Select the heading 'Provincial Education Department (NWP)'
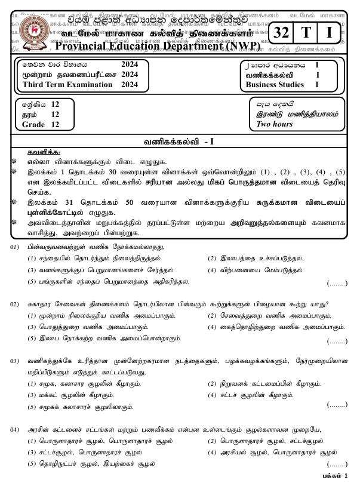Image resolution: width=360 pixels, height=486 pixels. click(x=161, y=47)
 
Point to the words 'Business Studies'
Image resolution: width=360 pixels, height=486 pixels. click(x=275, y=85)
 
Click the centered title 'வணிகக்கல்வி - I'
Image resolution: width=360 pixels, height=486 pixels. click(x=179, y=142)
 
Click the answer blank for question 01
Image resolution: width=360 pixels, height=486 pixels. click(x=337, y=284)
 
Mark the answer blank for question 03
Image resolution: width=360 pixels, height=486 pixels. click(x=337, y=405)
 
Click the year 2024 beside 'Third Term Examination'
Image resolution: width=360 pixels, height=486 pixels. click(x=129, y=85)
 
